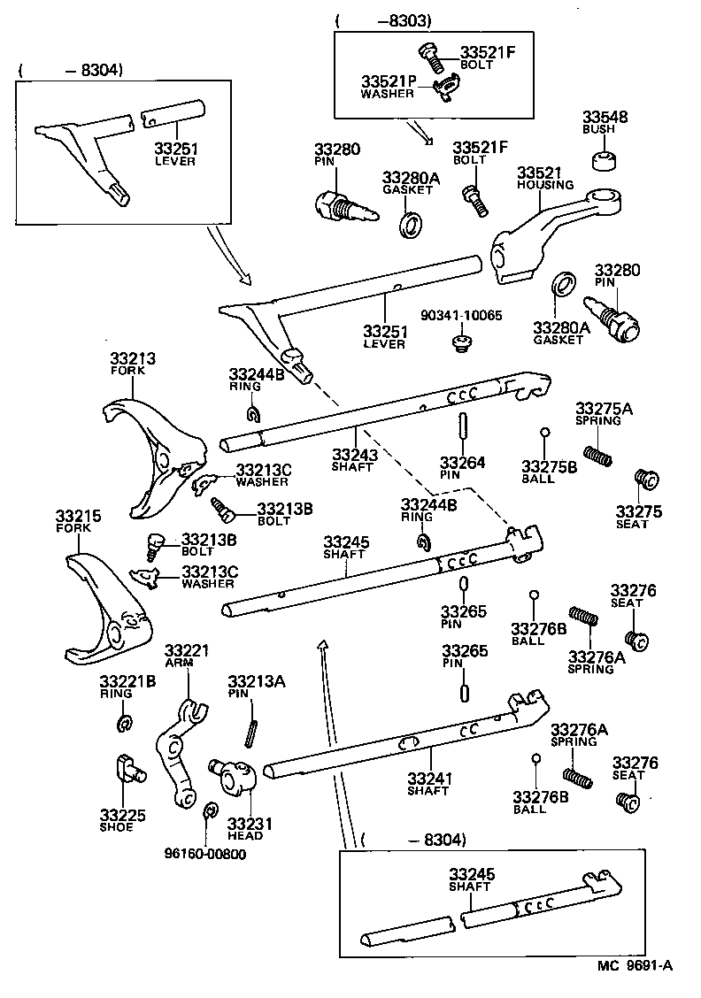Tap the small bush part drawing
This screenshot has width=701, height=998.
(605, 161)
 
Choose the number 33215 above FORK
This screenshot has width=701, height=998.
(78, 516)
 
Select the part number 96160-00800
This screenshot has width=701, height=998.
(205, 854)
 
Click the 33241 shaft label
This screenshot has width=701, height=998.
(429, 779)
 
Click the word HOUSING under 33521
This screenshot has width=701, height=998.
(545, 185)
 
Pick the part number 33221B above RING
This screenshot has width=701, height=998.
(127, 680)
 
